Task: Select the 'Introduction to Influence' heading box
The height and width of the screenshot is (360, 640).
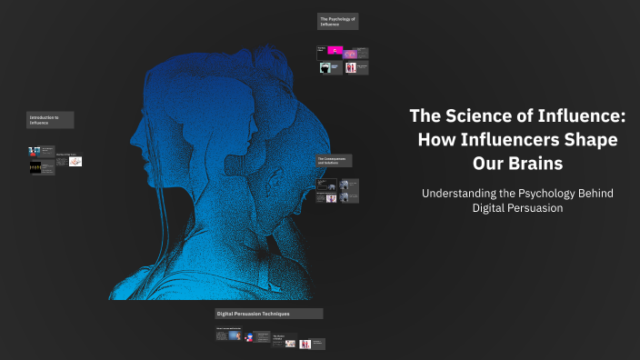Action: pyautogui.click(x=50, y=120)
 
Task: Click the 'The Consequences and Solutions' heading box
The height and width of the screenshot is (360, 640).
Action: pyautogui.click(x=335, y=160)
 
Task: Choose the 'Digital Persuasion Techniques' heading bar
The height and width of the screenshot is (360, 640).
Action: pyautogui.click(x=268, y=314)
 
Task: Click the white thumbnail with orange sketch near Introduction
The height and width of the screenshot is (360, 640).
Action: pyautogui.click(x=75, y=162)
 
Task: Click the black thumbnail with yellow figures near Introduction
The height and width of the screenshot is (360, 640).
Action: pyautogui.click(x=35, y=168)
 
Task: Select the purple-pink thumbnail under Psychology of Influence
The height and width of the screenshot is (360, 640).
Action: pyautogui.click(x=351, y=54)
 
